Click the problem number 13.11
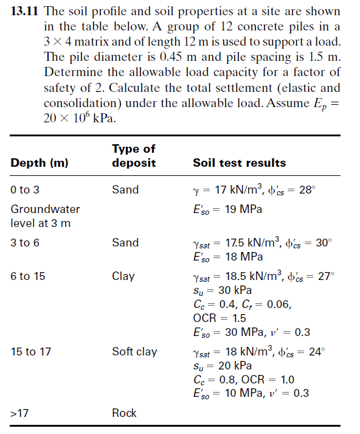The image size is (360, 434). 25,12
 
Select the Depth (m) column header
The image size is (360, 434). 40,163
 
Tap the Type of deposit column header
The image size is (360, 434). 134,156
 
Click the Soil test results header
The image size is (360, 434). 239,163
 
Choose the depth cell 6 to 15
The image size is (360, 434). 28,276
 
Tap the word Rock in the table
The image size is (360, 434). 124,413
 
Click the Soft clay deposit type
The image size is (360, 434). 134,351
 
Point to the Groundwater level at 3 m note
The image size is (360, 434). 45,216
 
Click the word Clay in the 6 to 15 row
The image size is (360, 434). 123,276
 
